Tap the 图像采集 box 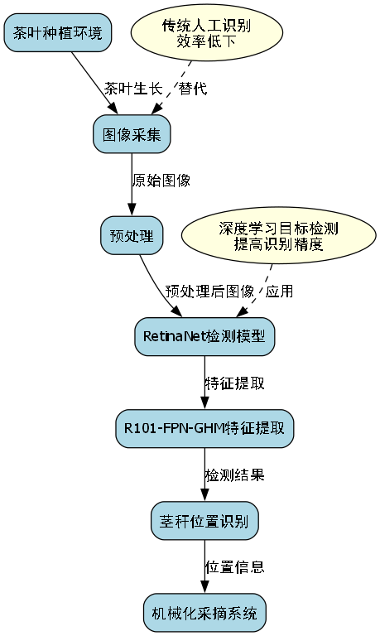point(131,134)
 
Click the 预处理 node point(131,235)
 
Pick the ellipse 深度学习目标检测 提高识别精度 point(272,235)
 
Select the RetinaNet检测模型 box point(204,336)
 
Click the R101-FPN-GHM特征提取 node point(204,428)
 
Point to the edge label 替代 point(193,89)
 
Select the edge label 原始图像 point(161,180)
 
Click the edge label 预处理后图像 point(209,291)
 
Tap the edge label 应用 point(279,291)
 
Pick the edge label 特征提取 point(235,383)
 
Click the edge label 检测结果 point(235,475)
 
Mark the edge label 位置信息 point(235,567)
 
